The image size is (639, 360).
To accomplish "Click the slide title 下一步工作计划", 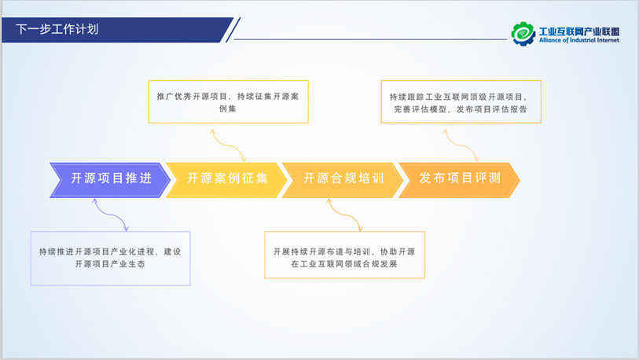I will coord(57,30).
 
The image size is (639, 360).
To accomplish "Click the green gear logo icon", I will coord(523,32).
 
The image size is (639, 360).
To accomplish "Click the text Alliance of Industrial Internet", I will coord(578,40).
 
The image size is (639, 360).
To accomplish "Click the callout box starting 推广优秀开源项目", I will coord(228,101).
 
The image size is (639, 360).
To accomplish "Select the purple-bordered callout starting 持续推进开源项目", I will coord(111,258).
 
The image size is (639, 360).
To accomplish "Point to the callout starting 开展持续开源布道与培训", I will coord(344,255).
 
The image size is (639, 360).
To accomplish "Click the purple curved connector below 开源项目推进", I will coord(111,214).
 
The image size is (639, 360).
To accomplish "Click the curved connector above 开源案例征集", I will coord(228,145).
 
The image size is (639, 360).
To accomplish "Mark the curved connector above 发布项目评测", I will coord(461,145).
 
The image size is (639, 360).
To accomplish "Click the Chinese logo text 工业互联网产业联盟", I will coord(578,29).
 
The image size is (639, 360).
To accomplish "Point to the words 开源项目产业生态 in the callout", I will coord(110,265).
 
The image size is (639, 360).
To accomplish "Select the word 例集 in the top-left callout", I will coord(228,109).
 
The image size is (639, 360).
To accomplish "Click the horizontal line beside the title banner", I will coord(369,39).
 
